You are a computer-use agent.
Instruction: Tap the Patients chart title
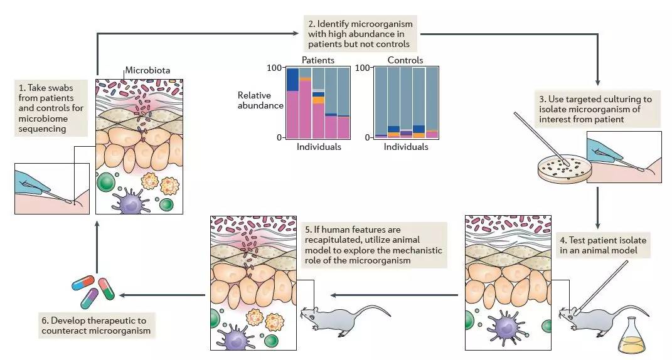tap(317, 60)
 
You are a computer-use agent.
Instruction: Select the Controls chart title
tap(405, 60)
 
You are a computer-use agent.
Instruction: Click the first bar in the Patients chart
tap(292, 103)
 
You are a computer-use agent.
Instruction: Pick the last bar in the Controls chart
tap(432, 103)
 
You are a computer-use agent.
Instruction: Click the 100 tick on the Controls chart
tap(363, 68)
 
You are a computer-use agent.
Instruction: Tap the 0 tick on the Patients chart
tap(279, 137)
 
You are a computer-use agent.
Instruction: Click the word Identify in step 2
tap(338, 24)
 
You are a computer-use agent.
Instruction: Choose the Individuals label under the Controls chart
tap(406, 147)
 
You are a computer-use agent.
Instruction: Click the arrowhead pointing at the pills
tap(122, 294)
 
